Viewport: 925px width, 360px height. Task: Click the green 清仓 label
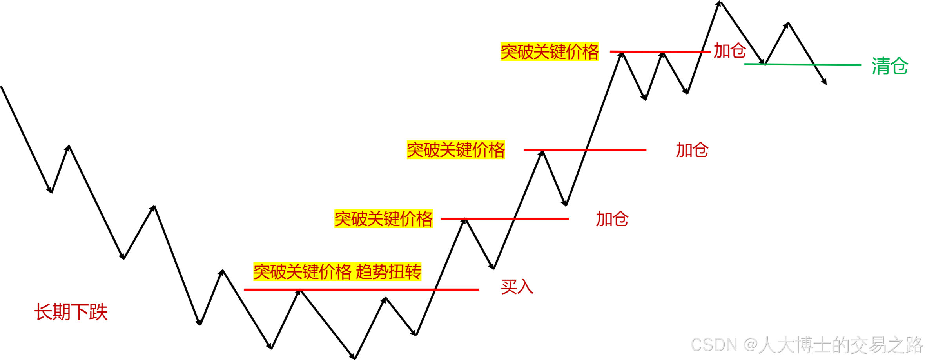point(890,65)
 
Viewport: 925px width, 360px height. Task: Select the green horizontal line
point(802,64)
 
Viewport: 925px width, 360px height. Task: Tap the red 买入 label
point(517,287)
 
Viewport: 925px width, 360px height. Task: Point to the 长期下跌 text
point(71,312)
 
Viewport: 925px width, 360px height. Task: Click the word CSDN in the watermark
point(713,344)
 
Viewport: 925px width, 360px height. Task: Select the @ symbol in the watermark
point(749,344)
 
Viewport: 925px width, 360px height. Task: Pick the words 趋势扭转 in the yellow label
point(388,271)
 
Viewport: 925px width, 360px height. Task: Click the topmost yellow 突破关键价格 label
point(550,51)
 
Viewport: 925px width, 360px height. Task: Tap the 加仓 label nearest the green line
point(729,51)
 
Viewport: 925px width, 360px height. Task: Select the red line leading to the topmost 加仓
point(660,51)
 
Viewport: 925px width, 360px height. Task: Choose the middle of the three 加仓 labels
point(692,150)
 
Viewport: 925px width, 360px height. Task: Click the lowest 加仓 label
point(612,218)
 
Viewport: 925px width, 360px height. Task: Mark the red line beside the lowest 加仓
point(504,218)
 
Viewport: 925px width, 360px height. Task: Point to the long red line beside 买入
point(361,289)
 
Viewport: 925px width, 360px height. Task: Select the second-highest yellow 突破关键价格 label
point(455,150)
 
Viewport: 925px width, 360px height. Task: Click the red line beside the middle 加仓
point(585,149)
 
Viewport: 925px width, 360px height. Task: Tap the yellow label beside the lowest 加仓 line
point(383,218)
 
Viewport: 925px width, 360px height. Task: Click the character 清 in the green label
point(881,65)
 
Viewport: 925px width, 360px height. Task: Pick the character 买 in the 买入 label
point(509,287)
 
